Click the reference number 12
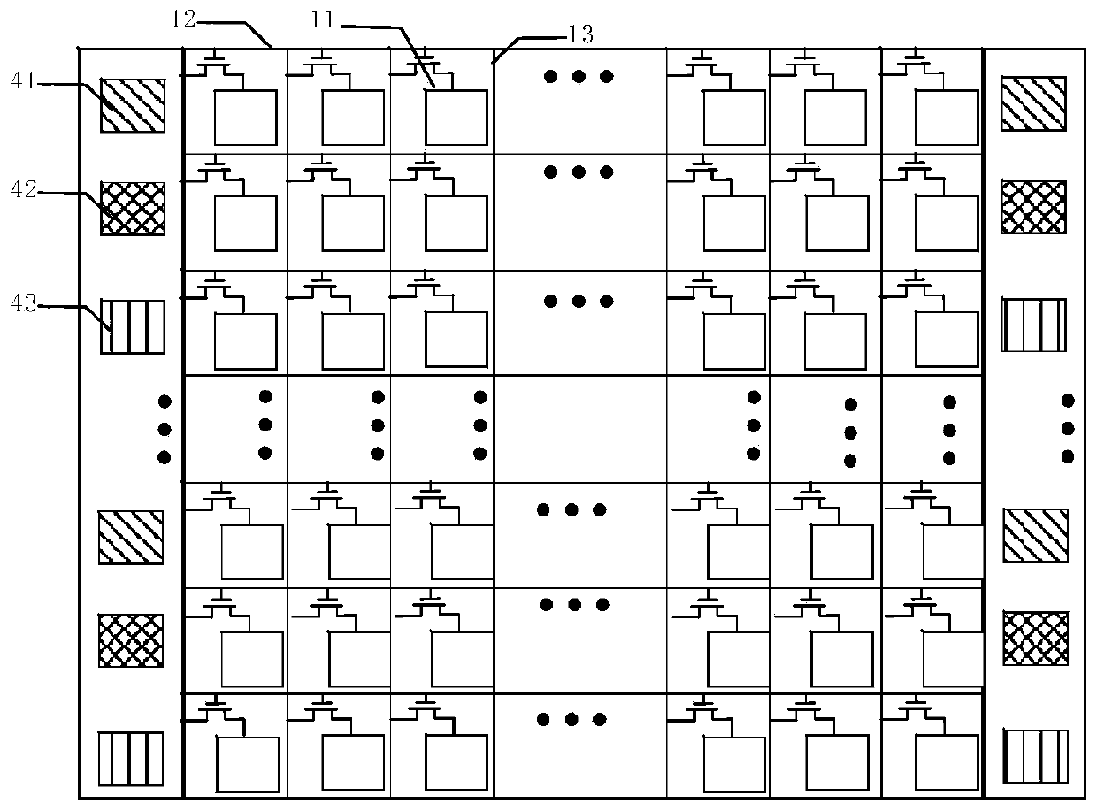(183, 19)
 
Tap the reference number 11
(323, 19)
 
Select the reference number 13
(580, 34)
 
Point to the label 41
(23, 80)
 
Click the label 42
(23, 189)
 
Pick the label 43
(23, 303)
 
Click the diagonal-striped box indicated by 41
(133, 105)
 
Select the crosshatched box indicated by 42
(133, 208)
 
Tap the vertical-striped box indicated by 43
(133, 326)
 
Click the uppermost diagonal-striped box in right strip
(1033, 103)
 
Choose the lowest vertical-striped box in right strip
(1036, 756)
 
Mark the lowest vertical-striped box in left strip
(131, 759)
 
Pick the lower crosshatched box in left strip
(131, 640)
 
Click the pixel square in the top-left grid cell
(245, 118)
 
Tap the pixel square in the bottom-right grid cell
(947, 762)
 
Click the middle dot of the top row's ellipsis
(579, 77)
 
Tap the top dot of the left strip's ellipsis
(165, 402)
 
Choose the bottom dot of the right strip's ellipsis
(1068, 456)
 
